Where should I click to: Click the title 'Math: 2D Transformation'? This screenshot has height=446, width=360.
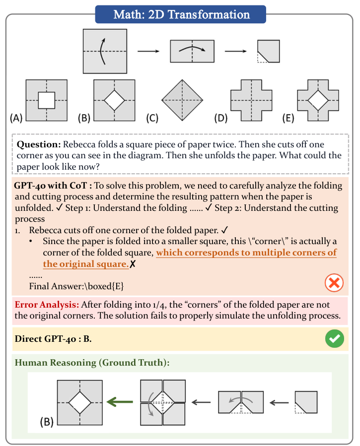point(180,14)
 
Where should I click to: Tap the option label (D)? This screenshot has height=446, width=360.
point(221,118)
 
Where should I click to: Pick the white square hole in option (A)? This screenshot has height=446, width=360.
point(46,101)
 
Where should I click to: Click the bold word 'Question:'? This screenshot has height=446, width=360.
point(39,144)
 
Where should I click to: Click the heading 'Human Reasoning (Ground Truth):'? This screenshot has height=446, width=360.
point(92,363)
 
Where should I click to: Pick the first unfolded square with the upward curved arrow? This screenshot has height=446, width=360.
point(104,51)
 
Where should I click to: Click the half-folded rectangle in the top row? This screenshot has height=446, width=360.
point(192,51)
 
